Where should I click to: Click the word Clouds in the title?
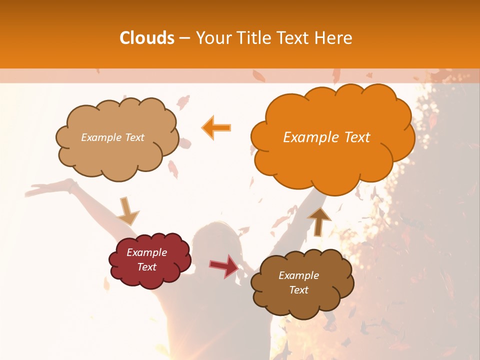[x=147, y=38]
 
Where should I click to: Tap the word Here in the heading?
[x=333, y=38]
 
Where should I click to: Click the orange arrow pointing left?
[x=216, y=127]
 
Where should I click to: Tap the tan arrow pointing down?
[x=127, y=210]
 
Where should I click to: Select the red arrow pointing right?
[x=224, y=265]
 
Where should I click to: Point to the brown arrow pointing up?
[x=319, y=220]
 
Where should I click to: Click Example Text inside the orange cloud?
[x=326, y=137]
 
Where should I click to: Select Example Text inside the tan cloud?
[x=112, y=137]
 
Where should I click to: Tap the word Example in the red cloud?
[x=146, y=252]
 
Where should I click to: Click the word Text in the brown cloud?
[x=298, y=290]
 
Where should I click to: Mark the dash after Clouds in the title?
[x=184, y=38]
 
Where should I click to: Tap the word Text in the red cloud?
[x=146, y=267]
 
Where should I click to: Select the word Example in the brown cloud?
[x=298, y=275]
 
